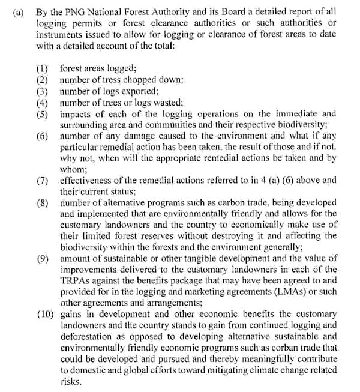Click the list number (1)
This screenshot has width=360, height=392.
point(43,68)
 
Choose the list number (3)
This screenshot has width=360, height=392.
point(43,91)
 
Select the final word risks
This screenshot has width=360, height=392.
point(70,382)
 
